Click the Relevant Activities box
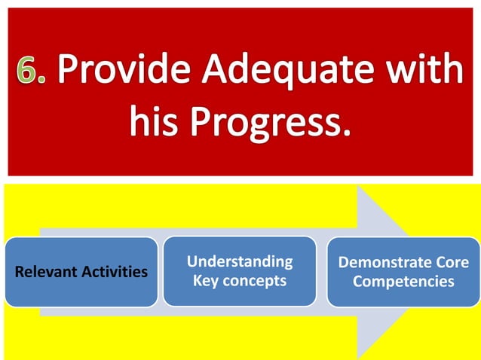[81, 272]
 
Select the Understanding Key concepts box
[240, 271]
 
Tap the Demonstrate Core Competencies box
[403, 272]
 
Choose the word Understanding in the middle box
[240, 261]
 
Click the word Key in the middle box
[206, 281]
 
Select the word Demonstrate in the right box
[384, 263]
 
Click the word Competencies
[403, 282]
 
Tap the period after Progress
[348, 134]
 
